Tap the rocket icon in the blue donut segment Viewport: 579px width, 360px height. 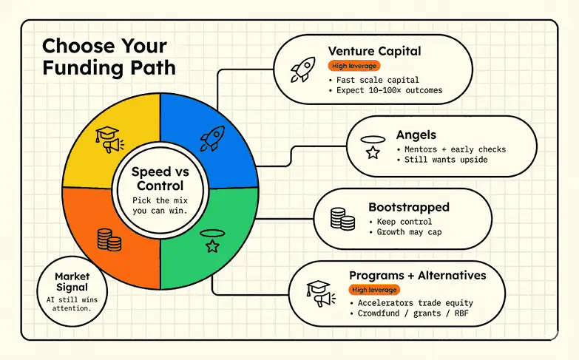click(x=213, y=137)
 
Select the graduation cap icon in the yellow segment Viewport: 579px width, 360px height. click(x=109, y=137)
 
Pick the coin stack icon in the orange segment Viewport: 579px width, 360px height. click(x=108, y=239)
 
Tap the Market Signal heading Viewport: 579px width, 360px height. click(x=72, y=282)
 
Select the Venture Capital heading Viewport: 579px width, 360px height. click(x=374, y=52)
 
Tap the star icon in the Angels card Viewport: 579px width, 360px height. click(x=373, y=152)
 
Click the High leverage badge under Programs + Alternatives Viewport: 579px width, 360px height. click(x=375, y=290)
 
